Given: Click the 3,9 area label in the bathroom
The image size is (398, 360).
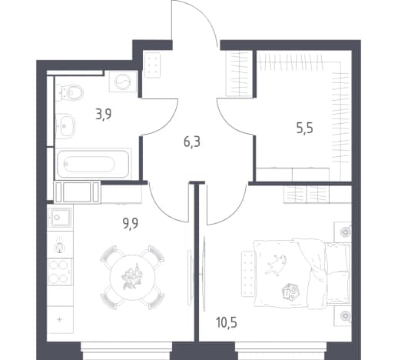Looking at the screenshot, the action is pyautogui.click(x=104, y=115).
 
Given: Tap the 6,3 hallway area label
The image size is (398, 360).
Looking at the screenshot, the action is pyautogui.click(x=192, y=142).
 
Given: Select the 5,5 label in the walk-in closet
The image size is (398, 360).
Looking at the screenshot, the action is pyautogui.click(x=305, y=128).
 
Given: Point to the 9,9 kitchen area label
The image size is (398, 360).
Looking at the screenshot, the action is pyautogui.click(x=131, y=224).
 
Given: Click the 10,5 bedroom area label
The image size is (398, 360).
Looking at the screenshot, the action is pyautogui.click(x=227, y=322).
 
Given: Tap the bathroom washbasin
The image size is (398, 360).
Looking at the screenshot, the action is pyautogui.click(x=65, y=126).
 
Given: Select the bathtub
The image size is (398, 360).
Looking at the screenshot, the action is pyautogui.click(x=93, y=164).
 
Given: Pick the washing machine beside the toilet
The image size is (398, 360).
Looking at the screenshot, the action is pyautogui.click(x=123, y=82).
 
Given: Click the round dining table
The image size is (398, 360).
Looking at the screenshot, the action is pyautogui.click(x=132, y=277).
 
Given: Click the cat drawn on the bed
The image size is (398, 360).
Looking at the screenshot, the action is pyautogui.click(x=276, y=264).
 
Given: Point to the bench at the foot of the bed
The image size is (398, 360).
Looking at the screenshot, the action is pyautogui.click(x=248, y=274).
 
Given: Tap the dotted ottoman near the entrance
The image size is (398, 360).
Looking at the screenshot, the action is pyautogui.click(x=153, y=65).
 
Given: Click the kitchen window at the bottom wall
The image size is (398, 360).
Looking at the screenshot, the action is pyautogui.click(x=126, y=351).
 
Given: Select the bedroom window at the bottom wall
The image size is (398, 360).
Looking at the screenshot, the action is pyautogui.click(x=281, y=351).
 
